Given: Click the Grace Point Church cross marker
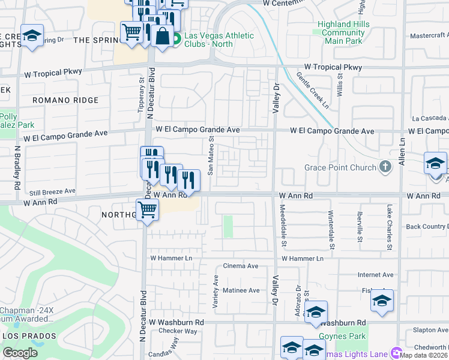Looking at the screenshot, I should [x=385, y=167].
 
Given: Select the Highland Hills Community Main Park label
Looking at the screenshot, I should [x=344, y=32].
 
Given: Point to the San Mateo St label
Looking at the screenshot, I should [x=211, y=155].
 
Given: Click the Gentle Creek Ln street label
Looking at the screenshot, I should [x=312, y=91].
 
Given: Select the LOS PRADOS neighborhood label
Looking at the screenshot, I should [x=29, y=335].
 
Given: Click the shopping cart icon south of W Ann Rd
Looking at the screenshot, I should [x=147, y=211].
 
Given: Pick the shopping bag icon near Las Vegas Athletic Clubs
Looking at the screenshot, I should [x=163, y=35].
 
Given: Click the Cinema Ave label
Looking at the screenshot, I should [x=240, y=266].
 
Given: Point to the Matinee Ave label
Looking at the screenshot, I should [x=241, y=290].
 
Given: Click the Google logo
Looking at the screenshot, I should [x=20, y=353].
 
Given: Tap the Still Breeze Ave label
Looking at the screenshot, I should [x=53, y=193].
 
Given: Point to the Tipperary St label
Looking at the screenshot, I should [x=141, y=95].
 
